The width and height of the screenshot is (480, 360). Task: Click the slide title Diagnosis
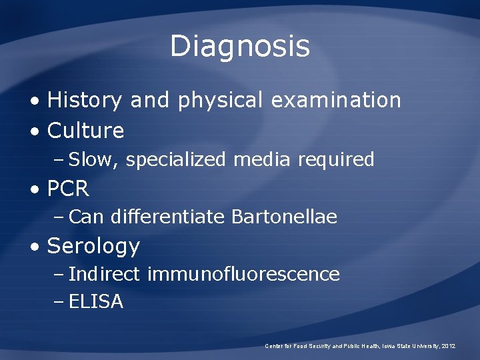pos(240,46)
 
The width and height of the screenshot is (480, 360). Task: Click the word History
pos(85,101)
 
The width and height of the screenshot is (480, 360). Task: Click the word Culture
pos(86,131)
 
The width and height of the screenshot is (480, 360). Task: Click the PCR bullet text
pos(68,189)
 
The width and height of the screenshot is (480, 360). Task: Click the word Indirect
pos(104,275)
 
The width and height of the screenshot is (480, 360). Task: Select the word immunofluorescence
pos(243,275)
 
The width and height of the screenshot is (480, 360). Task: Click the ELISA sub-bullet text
pos(96,302)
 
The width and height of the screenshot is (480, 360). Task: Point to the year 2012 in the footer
pos(449,346)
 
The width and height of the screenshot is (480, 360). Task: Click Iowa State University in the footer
pos(407,346)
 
